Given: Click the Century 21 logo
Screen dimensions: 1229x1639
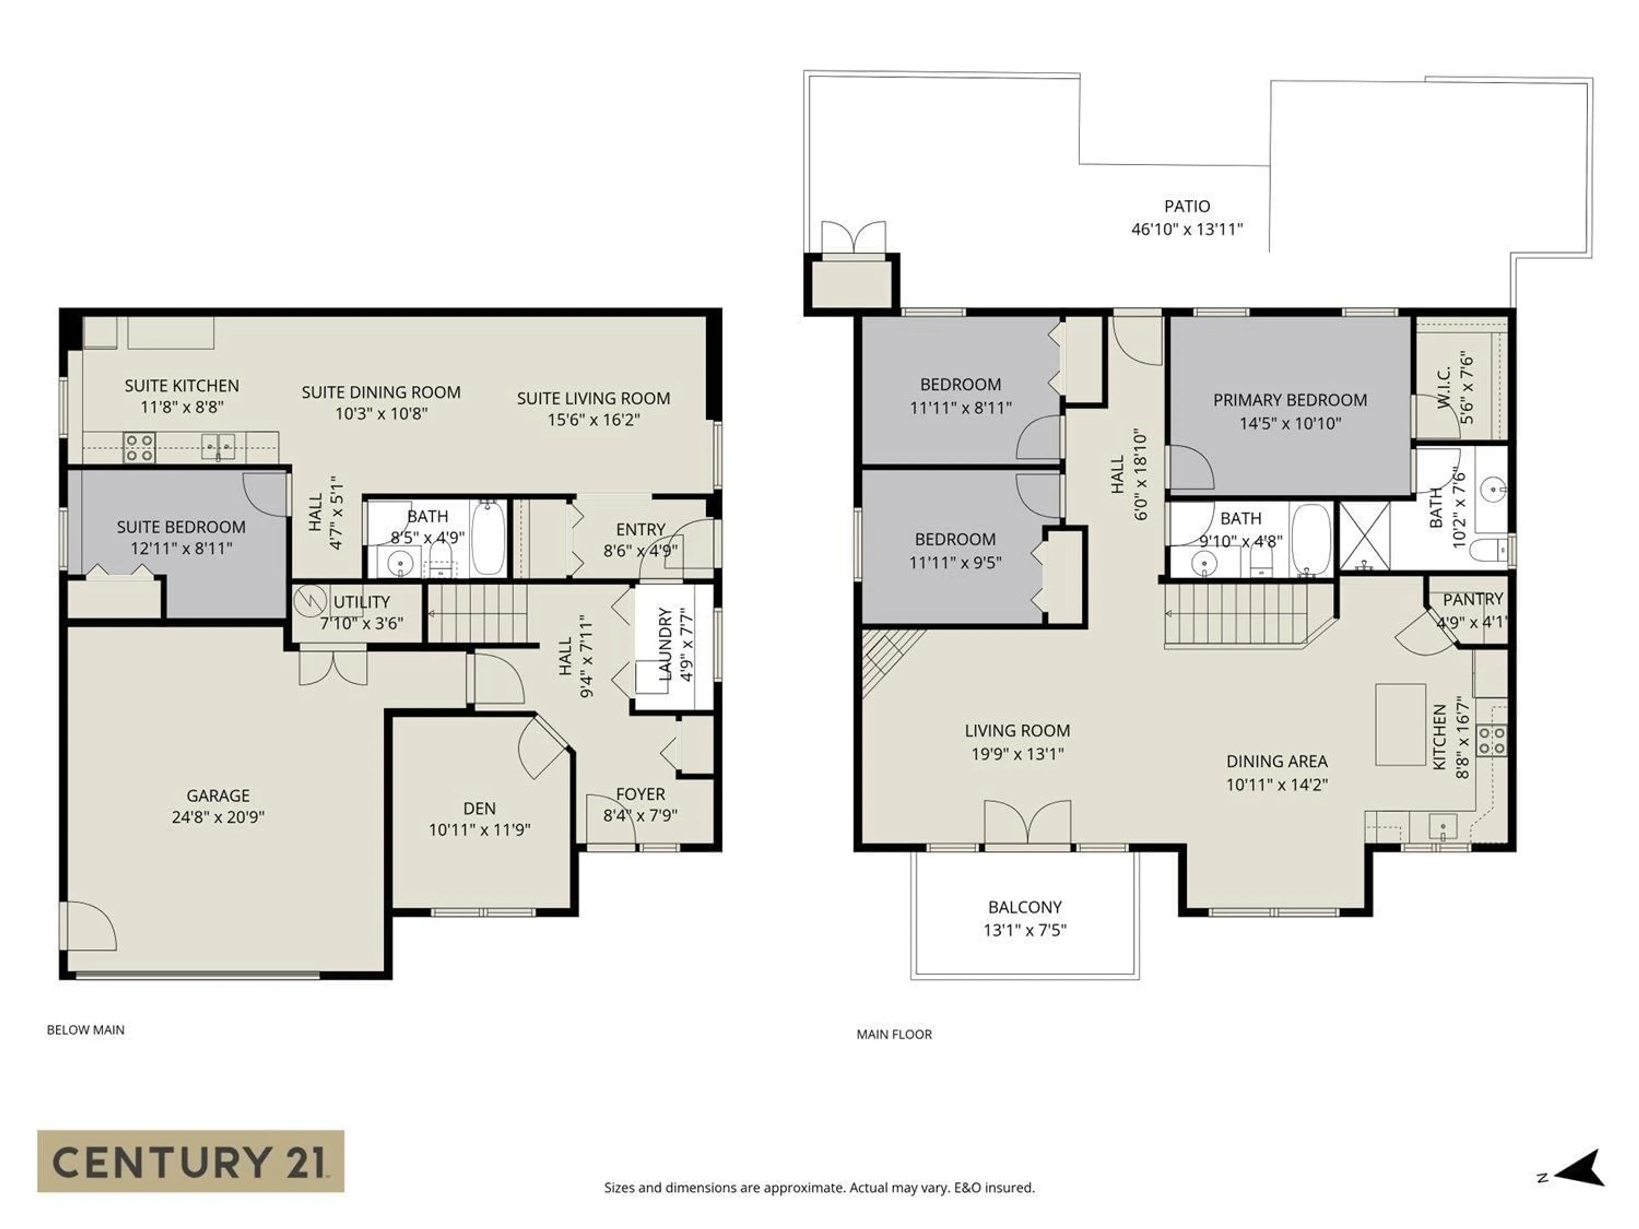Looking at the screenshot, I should pyautogui.click(x=190, y=1161).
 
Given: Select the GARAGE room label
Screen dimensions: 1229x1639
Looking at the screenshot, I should pyautogui.click(x=218, y=795).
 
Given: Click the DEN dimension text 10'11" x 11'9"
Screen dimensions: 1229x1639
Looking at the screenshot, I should pyautogui.click(x=479, y=830).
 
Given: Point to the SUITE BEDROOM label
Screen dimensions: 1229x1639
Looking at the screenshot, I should pyautogui.click(x=181, y=527).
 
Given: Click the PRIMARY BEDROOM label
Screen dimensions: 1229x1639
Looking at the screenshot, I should pyautogui.click(x=1290, y=400).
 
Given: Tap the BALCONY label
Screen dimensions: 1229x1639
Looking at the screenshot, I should pyautogui.click(x=1025, y=907).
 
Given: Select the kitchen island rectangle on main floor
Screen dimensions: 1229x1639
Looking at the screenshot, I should pyautogui.click(x=1400, y=725).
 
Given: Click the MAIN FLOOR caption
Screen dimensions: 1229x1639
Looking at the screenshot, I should pyautogui.click(x=894, y=1034).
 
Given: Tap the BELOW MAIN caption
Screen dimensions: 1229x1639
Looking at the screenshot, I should pyautogui.click(x=85, y=1030).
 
